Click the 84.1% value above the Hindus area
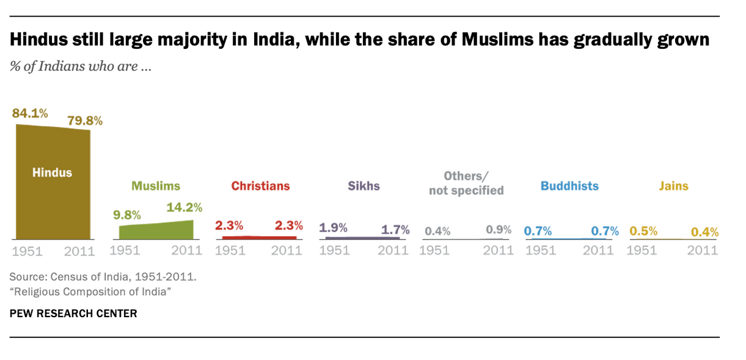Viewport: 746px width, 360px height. (30, 113)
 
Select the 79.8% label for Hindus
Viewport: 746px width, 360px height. (85, 120)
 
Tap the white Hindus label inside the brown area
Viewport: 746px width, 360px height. (52, 172)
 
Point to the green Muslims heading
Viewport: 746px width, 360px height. (156, 186)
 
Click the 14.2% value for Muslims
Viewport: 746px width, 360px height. (184, 208)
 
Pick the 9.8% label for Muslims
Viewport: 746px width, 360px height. (126, 215)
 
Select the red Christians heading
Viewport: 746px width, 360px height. (260, 186)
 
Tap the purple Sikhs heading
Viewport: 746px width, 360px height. (364, 186)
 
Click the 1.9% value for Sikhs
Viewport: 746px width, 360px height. (333, 228)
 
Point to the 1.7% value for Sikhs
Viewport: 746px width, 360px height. (395, 230)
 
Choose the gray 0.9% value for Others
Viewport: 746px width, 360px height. (499, 230)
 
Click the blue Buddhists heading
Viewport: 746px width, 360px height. (569, 186)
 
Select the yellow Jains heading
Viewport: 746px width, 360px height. (673, 186)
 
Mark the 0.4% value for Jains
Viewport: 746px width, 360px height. (704, 232)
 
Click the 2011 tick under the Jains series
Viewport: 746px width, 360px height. (703, 251)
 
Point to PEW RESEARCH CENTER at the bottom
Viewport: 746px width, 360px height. (73, 314)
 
